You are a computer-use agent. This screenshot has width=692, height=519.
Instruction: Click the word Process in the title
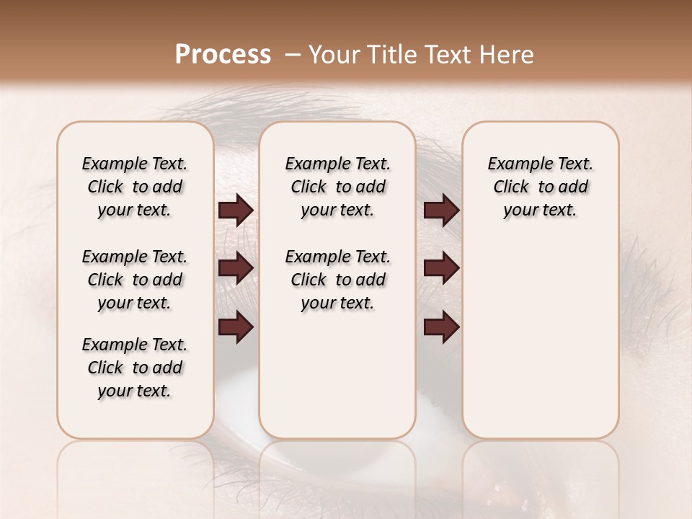[x=223, y=55]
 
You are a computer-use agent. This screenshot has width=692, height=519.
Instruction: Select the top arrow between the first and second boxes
[x=236, y=210]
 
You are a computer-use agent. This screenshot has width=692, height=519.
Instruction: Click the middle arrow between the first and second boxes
[x=236, y=268]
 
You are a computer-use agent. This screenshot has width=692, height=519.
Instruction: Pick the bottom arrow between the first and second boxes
[x=236, y=327]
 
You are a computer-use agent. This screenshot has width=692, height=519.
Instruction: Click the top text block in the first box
[x=135, y=187]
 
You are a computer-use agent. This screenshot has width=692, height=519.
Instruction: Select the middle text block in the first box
[x=135, y=280]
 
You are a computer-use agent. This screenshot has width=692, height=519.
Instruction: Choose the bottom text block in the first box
[x=135, y=368]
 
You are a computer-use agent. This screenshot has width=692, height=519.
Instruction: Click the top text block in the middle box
[x=337, y=187]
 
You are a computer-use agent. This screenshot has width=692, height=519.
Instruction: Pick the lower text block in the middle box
[x=337, y=280]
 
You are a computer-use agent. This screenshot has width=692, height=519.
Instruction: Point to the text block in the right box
[x=541, y=187]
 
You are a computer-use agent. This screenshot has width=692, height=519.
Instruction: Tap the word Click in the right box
[x=511, y=187]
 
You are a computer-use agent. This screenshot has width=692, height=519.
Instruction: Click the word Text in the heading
[x=445, y=55]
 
